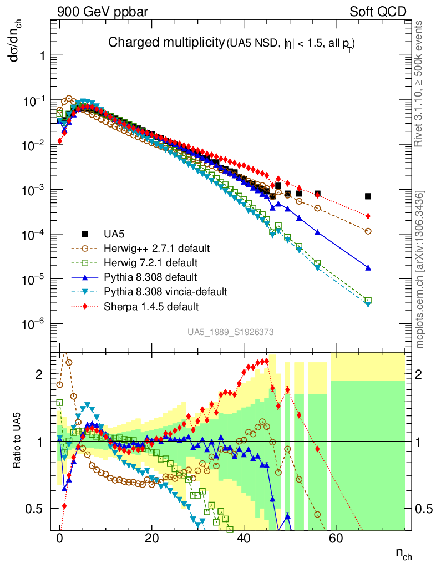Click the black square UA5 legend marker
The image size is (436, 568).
(85, 232)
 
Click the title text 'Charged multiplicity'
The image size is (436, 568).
(165, 43)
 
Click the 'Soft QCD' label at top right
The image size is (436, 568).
(378, 12)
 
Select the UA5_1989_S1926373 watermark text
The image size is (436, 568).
(230, 332)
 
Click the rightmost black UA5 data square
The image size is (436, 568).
(368, 196)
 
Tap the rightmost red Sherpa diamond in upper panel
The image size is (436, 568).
(368, 216)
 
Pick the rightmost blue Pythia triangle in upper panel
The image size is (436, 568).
(368, 267)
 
